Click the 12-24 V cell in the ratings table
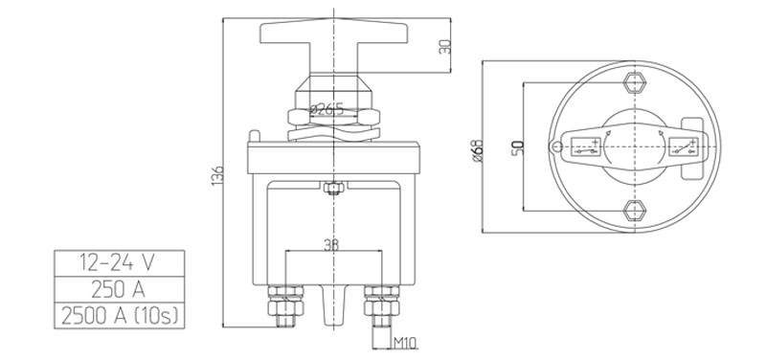(x=119, y=263)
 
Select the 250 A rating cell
(x=119, y=290)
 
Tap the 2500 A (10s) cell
(x=119, y=316)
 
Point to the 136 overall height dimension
(x=218, y=174)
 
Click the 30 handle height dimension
(x=444, y=47)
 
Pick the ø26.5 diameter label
(x=327, y=109)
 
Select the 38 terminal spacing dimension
(x=332, y=245)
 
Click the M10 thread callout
(x=405, y=344)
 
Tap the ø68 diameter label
(x=478, y=151)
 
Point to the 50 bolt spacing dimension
(x=518, y=147)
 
